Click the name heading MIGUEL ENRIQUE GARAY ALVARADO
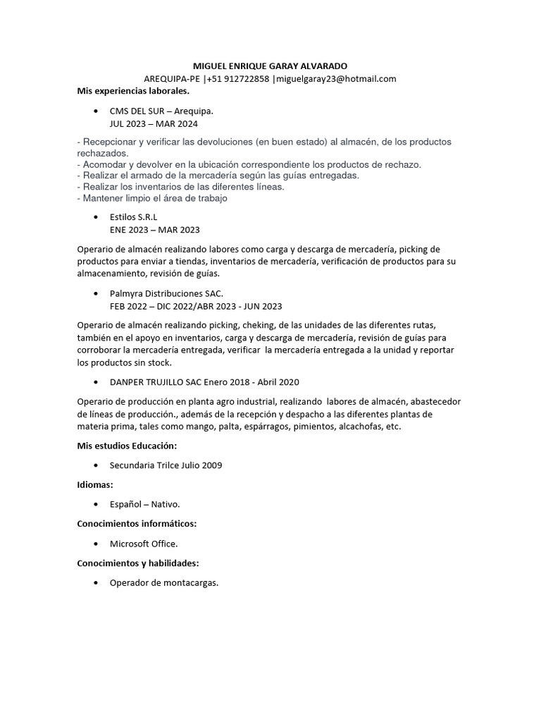pyautogui.click(x=270, y=66)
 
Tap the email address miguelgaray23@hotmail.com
pyautogui.click(x=336, y=78)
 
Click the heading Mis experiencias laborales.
pyautogui.click(x=133, y=91)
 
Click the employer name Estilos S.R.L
pyautogui.click(x=134, y=218)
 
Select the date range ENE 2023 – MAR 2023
pyautogui.click(x=155, y=230)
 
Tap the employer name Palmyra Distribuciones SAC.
pyautogui.click(x=166, y=293)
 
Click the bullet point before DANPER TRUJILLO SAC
pyautogui.click(x=96, y=382)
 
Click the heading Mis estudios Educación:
pyautogui.click(x=127, y=446)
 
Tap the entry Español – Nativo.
pyautogui.click(x=145, y=504)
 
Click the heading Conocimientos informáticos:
pyautogui.click(x=137, y=524)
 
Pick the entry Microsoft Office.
pyautogui.click(x=144, y=544)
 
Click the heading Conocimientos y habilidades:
pyautogui.click(x=138, y=563)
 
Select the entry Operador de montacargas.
pyautogui.click(x=164, y=583)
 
